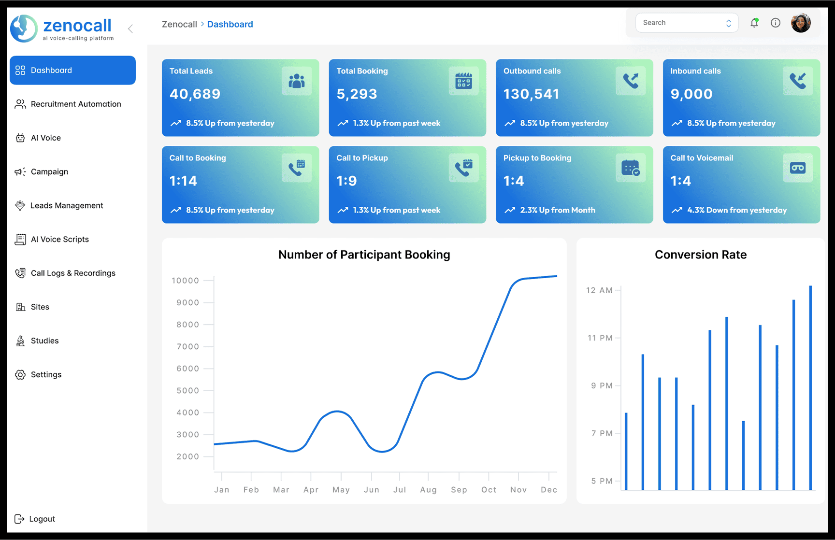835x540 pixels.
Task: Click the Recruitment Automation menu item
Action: point(68,104)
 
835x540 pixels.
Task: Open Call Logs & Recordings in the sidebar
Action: point(65,273)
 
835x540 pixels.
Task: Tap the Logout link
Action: point(35,519)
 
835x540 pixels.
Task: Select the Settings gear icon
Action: point(20,374)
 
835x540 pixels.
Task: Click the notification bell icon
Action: point(754,23)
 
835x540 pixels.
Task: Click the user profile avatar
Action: point(801,23)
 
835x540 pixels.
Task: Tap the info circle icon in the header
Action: point(776,23)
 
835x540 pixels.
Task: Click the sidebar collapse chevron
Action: point(130,28)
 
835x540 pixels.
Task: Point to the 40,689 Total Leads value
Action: point(195,94)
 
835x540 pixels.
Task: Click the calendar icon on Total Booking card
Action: point(463,81)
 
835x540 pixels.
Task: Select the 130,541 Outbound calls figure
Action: point(531,94)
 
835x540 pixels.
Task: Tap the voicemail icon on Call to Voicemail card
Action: point(798,168)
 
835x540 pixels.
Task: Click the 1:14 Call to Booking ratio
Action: point(183,181)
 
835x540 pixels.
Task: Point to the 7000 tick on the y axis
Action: point(188,346)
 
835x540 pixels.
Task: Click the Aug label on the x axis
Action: point(428,490)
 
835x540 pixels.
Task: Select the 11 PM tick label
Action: point(600,338)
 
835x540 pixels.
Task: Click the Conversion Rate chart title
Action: point(701,255)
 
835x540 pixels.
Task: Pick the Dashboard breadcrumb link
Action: point(230,24)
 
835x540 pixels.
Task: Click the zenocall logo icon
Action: point(24,28)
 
